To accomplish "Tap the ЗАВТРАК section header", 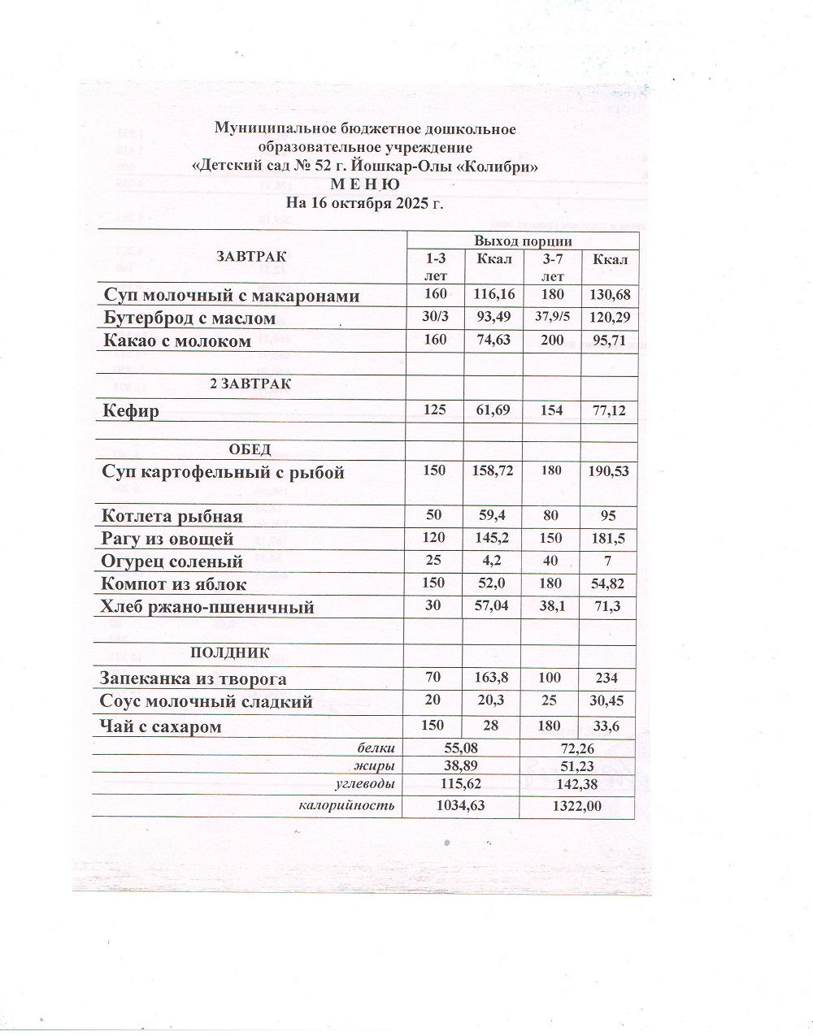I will point(251,257).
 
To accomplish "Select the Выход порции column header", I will point(523,241).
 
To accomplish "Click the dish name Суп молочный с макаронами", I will point(230,296).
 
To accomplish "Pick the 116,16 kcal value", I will point(493,295).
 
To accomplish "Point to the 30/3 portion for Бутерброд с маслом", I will point(435,318).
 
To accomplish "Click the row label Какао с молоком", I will point(176,341).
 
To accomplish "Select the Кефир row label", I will point(130,411).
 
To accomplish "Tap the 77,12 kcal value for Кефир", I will point(610,411).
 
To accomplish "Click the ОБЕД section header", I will point(250,450).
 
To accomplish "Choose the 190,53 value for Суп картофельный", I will point(610,471).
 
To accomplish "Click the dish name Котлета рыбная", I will point(172,516).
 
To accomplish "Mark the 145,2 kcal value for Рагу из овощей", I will point(493,538).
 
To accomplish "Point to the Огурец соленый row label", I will point(172,561).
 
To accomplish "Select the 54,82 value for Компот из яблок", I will point(610,584).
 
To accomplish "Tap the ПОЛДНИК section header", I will point(229,652).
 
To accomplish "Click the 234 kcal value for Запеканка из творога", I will point(606,678).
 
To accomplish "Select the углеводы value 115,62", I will point(459,784).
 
